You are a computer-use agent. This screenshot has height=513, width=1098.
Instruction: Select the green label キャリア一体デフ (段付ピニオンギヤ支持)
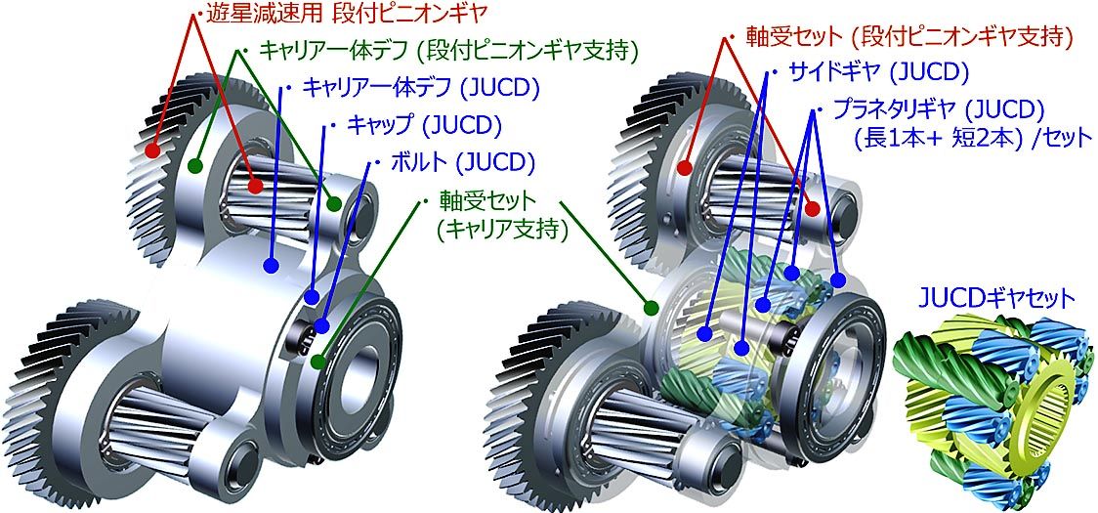pos(448,51)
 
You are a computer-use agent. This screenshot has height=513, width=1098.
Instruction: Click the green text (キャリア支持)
pos(501,230)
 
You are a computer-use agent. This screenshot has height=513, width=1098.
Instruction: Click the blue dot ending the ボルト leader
pos(321,326)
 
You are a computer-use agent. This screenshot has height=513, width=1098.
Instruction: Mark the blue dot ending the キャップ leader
pos(313,296)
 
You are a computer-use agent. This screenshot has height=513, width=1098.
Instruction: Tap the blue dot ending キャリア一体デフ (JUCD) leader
pos(271,266)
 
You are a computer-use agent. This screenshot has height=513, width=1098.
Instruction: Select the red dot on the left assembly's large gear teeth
pos(152,150)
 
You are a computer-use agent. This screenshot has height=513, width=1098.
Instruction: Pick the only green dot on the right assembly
pos(651,306)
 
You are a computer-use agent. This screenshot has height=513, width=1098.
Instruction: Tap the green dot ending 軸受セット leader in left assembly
pos(318,362)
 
